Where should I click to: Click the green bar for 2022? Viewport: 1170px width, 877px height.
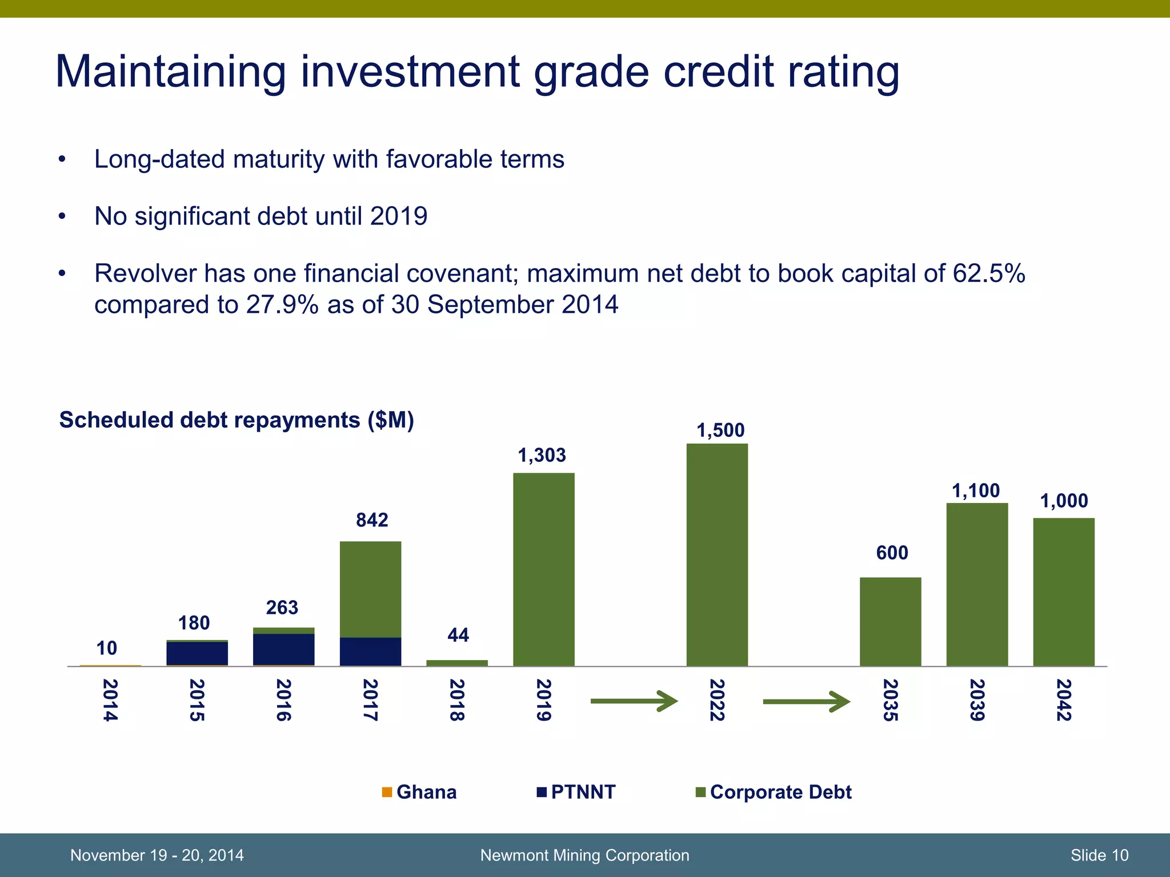pos(717,554)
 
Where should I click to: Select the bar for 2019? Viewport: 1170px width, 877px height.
pos(543,569)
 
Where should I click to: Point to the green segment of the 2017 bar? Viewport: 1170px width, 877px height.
pos(370,589)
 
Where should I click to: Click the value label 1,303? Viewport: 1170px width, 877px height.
pos(542,456)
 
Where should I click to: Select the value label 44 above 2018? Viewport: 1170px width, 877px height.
pos(458,635)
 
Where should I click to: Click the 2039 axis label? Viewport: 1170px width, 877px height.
pos(977,700)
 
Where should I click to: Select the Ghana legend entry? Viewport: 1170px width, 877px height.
pos(420,792)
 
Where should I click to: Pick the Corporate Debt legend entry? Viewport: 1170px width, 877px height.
pos(774,792)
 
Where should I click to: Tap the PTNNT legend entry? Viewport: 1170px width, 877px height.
pos(576,792)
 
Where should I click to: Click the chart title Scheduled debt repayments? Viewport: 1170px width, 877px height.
pos(237,420)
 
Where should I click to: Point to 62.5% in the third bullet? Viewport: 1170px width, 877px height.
pos(989,273)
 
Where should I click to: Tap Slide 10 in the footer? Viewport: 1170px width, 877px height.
pos(1099,855)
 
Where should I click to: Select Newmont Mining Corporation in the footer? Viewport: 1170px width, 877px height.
pos(584,855)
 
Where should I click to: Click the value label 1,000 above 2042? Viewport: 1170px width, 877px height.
pos(1064,501)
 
